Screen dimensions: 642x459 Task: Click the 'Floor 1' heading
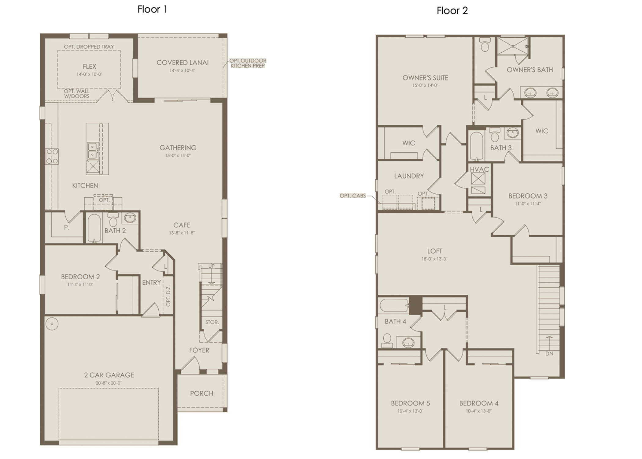pyautogui.click(x=152, y=9)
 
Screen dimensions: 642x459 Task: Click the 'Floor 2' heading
pyautogui.click(x=452, y=11)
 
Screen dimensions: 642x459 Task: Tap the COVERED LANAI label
pyautogui.click(x=183, y=62)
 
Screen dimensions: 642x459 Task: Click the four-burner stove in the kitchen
pyautogui.click(x=52, y=156)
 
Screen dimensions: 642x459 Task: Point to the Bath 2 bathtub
pyautogui.click(x=94, y=228)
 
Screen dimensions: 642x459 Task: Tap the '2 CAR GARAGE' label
pyautogui.click(x=109, y=375)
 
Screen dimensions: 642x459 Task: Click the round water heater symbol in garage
pyautogui.click(x=52, y=324)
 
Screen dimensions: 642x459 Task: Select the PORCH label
pyautogui.click(x=201, y=393)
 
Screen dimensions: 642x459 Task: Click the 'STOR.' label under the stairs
pyautogui.click(x=212, y=322)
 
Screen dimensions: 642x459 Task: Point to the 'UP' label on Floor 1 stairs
pyautogui.click(x=212, y=266)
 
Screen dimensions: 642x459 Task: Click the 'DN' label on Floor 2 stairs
pyautogui.click(x=549, y=353)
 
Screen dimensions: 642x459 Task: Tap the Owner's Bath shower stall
pyautogui.click(x=513, y=47)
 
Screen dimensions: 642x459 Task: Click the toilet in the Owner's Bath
pyautogui.click(x=485, y=45)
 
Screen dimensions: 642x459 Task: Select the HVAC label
pyautogui.click(x=479, y=169)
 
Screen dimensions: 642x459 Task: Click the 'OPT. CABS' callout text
pyautogui.click(x=353, y=196)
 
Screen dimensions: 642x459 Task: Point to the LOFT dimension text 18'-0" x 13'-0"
pyautogui.click(x=434, y=259)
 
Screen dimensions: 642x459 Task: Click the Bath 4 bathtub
pyautogui.click(x=394, y=305)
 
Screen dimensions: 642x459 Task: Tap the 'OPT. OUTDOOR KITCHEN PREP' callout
pyautogui.click(x=248, y=63)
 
